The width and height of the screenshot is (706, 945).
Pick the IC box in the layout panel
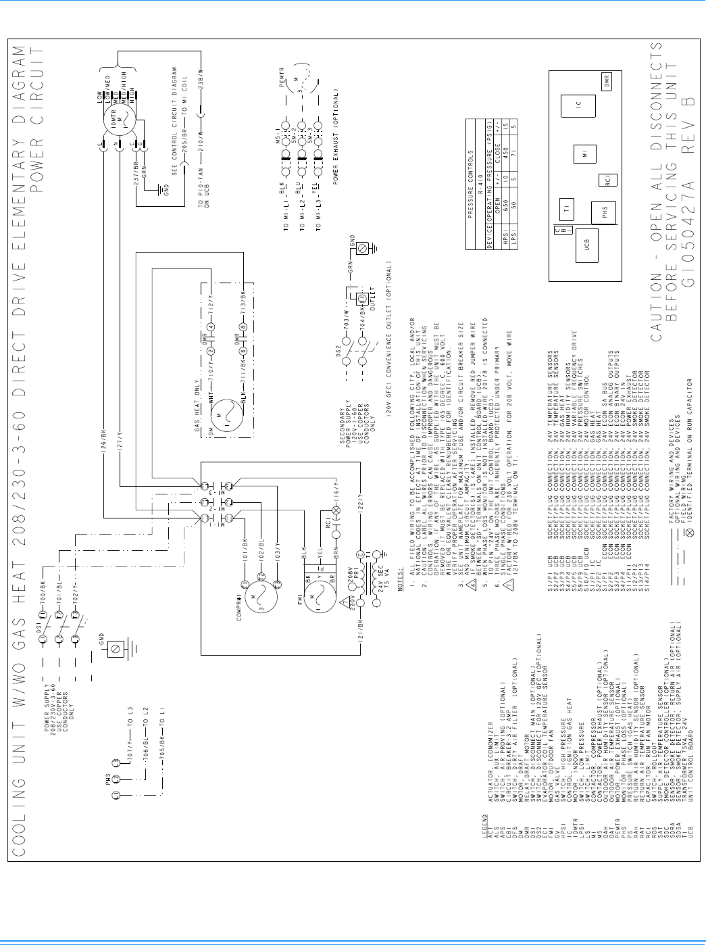click(x=578, y=107)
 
